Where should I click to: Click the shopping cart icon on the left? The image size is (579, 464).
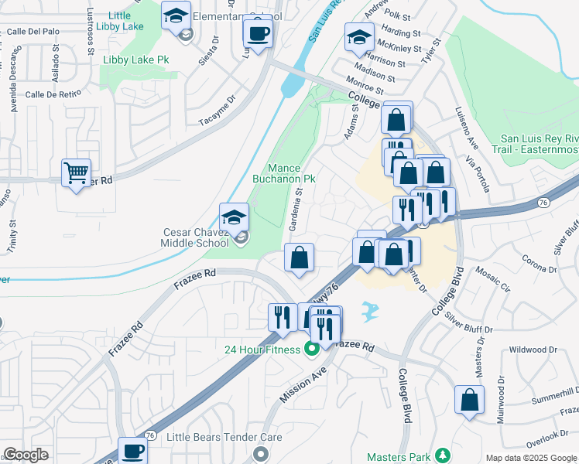(76, 172)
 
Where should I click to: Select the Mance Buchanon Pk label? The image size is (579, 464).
(284, 173)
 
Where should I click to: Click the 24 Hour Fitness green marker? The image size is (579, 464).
(313, 350)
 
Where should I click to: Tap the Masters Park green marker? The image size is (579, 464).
(443, 455)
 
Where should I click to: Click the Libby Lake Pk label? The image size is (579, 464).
(136, 60)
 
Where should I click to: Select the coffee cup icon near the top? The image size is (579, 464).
(257, 33)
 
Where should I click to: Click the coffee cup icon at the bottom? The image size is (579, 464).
(132, 451)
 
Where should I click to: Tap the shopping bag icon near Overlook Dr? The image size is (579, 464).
(469, 400)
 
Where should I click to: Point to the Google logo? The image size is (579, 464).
(26, 455)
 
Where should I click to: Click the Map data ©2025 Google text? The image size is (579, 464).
(530, 458)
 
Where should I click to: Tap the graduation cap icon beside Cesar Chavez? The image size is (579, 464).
(234, 217)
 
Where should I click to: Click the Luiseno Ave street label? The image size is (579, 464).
(463, 128)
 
